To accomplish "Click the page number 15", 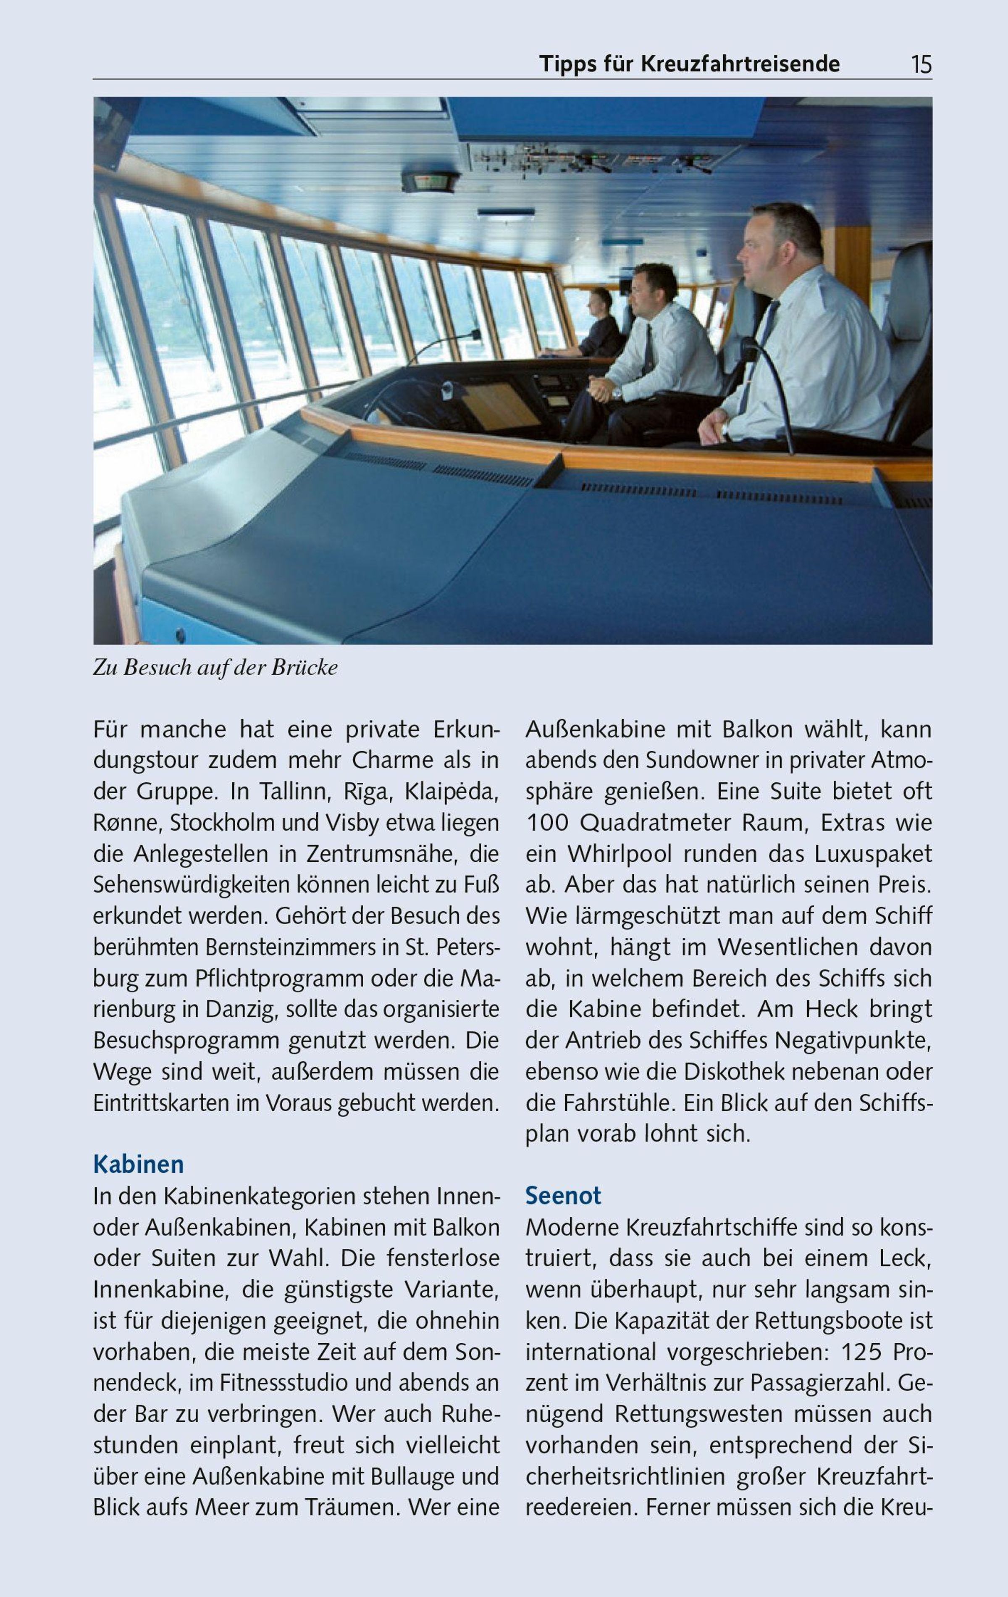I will point(921,64).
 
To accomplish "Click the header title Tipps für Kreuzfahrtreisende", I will point(689,64).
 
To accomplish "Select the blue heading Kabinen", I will point(139,1164).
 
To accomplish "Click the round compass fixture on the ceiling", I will point(430,182).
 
